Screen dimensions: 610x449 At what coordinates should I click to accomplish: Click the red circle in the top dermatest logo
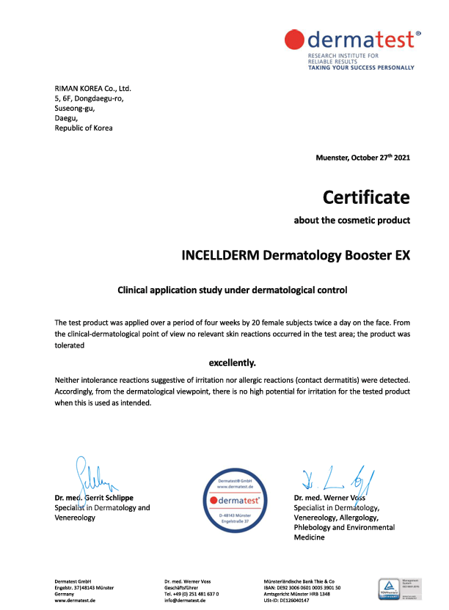tap(295, 40)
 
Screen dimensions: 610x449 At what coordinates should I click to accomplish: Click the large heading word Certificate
tap(366, 197)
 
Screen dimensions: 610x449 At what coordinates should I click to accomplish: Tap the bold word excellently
tap(233, 362)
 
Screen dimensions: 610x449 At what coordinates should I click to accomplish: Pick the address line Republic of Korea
tap(84, 128)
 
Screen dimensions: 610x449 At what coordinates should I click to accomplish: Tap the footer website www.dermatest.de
tap(76, 600)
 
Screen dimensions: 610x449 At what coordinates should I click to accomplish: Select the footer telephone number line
tap(192, 594)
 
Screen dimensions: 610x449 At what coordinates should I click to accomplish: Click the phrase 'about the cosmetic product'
tap(351, 220)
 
